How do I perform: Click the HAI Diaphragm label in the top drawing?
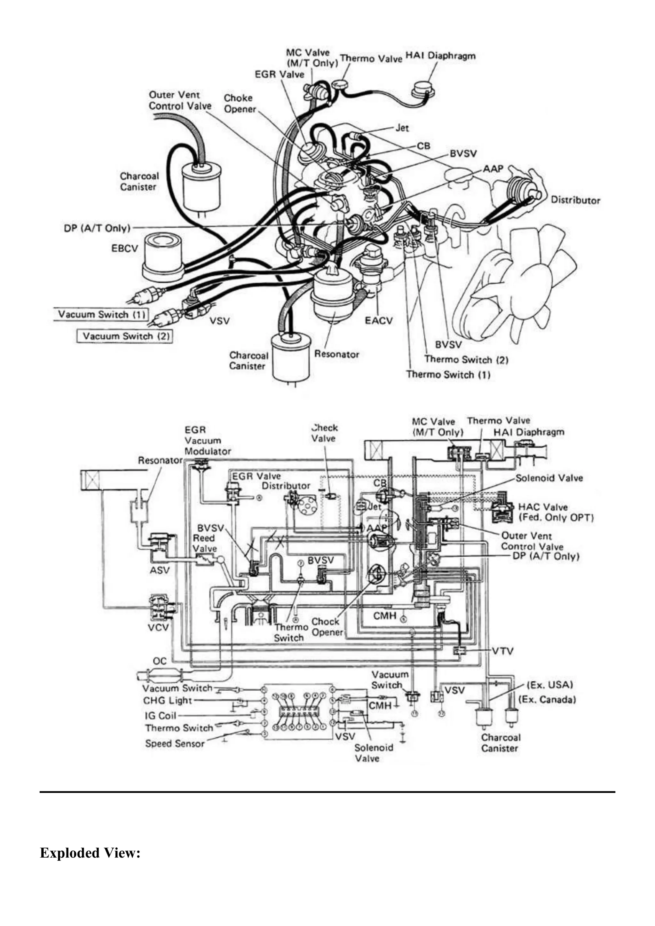coord(440,56)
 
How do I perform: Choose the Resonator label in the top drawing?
coord(336,354)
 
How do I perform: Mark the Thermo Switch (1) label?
coord(448,374)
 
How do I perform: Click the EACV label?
coord(378,321)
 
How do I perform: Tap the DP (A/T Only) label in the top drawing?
coord(97,228)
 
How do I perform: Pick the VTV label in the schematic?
coord(502,651)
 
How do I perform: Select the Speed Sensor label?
coord(175,743)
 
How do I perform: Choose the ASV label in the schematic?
coord(159,570)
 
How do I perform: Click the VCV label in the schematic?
coord(158,628)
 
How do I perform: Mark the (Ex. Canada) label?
coord(547,699)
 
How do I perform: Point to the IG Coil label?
coord(161,716)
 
